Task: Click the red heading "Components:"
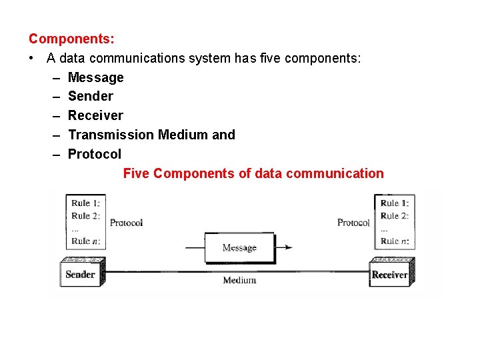(x=71, y=39)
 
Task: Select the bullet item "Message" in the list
(x=95, y=77)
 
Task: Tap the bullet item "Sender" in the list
(x=90, y=96)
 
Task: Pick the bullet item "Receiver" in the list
(x=95, y=115)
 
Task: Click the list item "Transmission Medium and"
(x=151, y=135)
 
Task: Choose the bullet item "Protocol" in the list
(x=94, y=154)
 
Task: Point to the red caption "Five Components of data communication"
(x=253, y=173)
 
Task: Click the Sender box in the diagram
(x=80, y=274)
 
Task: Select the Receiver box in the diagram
(x=389, y=275)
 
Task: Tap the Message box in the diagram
(x=239, y=247)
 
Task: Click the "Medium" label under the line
(x=239, y=280)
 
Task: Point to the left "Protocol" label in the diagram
(x=126, y=223)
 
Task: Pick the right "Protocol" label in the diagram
(x=353, y=223)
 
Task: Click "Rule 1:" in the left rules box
(x=85, y=203)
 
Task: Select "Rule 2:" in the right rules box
(x=394, y=215)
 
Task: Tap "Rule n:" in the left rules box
(x=85, y=241)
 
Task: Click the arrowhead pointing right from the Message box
(x=287, y=247)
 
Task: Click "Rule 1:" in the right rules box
(x=394, y=203)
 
